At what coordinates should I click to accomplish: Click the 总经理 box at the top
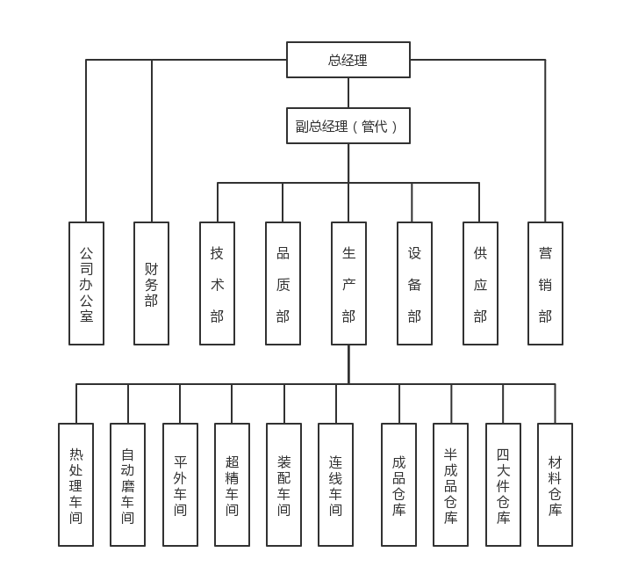348,60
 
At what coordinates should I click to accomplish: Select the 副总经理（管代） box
348,126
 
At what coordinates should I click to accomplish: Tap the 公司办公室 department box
86,283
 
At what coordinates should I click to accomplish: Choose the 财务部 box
151,283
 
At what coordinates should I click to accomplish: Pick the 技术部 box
217,283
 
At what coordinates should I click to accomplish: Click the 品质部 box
283,283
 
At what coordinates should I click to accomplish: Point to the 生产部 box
348,283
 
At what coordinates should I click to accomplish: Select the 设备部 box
414,283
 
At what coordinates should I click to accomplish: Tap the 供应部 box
480,283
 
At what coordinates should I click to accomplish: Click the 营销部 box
545,283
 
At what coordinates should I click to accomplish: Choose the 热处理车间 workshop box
75,484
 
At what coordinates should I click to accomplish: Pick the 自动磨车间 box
127,484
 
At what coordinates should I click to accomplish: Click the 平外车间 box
180,484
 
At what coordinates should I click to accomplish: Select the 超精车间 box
232,484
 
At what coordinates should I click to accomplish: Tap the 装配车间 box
283,484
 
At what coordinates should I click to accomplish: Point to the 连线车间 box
335,484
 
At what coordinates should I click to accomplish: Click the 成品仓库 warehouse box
398,484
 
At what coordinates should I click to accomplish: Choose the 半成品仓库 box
450,484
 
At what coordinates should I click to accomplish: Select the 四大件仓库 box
503,484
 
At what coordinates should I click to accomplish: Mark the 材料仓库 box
555,484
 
